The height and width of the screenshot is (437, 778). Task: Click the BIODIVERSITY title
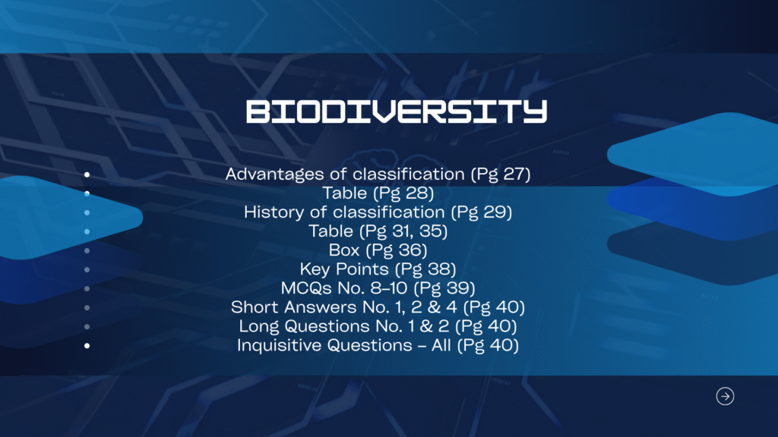tap(397, 112)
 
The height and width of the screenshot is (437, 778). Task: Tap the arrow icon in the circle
tap(726, 396)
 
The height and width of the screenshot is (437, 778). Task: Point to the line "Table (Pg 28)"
tap(378, 193)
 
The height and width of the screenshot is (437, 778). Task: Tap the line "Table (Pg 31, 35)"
tap(378, 231)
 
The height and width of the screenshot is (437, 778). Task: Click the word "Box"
tap(343, 250)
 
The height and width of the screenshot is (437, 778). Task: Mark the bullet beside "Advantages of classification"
tap(87, 174)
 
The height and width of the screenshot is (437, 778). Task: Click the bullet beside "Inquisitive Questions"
tap(87, 346)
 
